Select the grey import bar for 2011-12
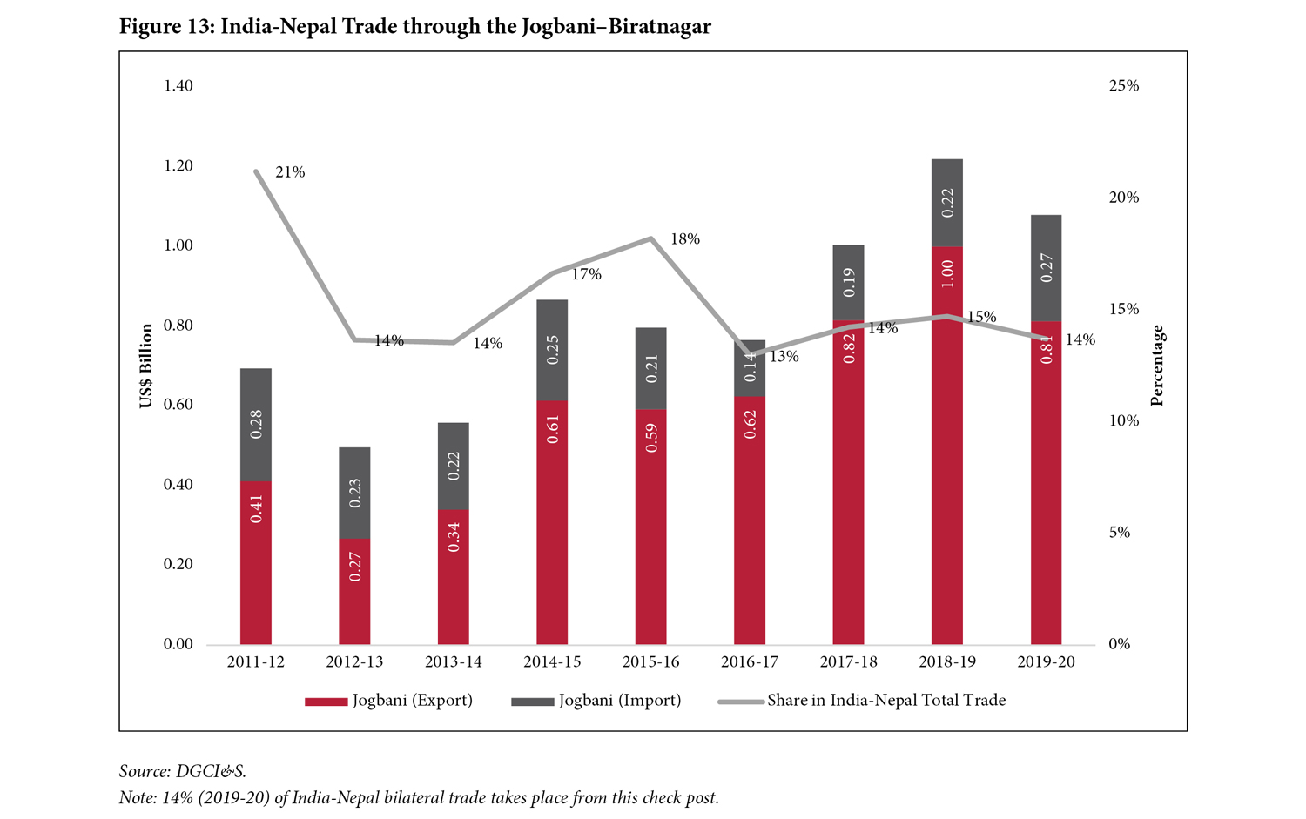[256, 424]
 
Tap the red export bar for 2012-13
[354, 592]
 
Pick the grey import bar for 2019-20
[1046, 268]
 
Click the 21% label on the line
[290, 172]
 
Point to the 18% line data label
[685, 239]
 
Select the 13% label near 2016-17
[784, 357]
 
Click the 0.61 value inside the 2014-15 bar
[552, 430]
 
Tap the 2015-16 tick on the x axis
[650, 662]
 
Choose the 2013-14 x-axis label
[453, 662]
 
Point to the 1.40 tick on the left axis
[178, 86]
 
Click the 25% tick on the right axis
[1123, 86]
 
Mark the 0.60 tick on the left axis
[178, 405]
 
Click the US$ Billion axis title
[146, 366]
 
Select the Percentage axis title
[1157, 366]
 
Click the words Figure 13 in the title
[165, 27]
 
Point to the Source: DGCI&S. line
[183, 771]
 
